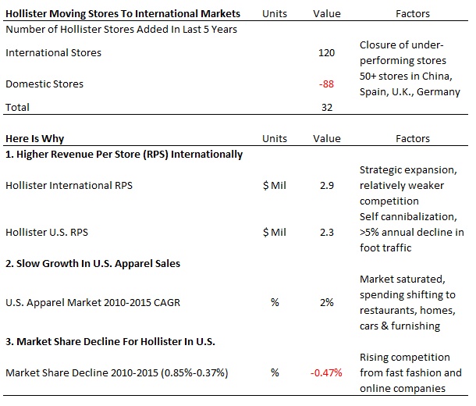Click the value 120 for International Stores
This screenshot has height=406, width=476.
click(326, 53)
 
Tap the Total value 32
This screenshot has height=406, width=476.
click(328, 107)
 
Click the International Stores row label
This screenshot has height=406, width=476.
click(53, 53)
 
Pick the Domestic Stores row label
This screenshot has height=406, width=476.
click(44, 84)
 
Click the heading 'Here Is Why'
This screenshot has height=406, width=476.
click(34, 139)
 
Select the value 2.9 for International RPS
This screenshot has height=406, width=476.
click(327, 185)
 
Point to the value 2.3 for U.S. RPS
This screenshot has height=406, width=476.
click(327, 232)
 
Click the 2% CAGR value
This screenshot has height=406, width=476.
click(327, 302)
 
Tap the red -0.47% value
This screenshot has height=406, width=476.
click(326, 372)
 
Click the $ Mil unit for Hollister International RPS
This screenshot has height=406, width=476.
click(274, 185)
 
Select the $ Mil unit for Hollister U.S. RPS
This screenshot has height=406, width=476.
click(274, 232)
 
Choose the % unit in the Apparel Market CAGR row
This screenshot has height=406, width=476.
click(275, 302)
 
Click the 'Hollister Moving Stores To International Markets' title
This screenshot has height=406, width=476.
click(123, 13)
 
